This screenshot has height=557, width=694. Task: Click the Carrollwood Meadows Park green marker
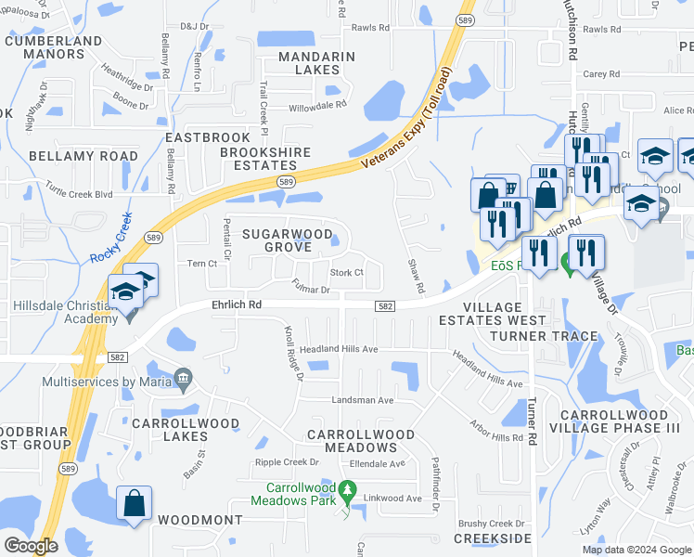pyautogui.click(x=348, y=488)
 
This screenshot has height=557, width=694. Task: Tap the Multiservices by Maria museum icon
pyautogui.click(x=183, y=378)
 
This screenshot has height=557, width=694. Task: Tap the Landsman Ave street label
pyautogui.click(x=365, y=400)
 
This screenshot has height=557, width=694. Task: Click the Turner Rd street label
pyautogui.click(x=532, y=417)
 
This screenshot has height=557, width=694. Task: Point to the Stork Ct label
pyautogui.click(x=345, y=273)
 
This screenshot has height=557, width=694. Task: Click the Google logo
pyautogui.click(x=30, y=546)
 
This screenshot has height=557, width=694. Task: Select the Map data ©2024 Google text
pyautogui.click(x=636, y=550)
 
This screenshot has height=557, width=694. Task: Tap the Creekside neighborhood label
pyautogui.click(x=492, y=539)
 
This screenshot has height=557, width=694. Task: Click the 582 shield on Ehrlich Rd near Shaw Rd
pyautogui.click(x=386, y=305)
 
